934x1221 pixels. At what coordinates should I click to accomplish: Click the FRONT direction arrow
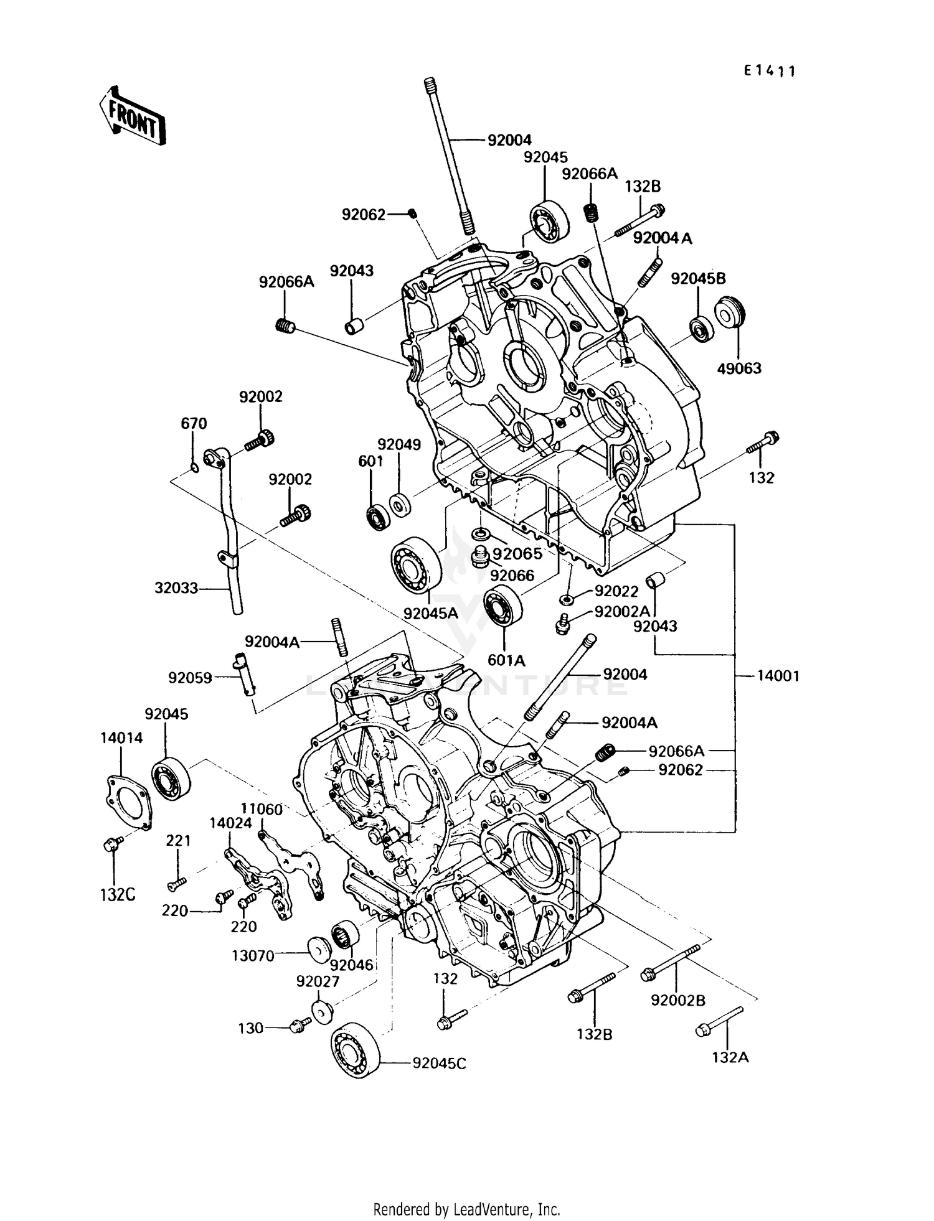click(x=133, y=115)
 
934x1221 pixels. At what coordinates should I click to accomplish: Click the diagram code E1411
click(x=770, y=71)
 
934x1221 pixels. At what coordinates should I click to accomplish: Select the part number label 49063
click(x=739, y=368)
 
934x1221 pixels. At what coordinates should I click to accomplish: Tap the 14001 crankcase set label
click(x=778, y=675)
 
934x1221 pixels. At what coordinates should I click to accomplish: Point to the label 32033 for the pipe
click(x=176, y=587)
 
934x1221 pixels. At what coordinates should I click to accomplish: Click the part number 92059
click(x=190, y=677)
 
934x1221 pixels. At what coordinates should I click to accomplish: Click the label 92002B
click(x=678, y=1000)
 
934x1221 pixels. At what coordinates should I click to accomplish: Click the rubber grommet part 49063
click(x=730, y=313)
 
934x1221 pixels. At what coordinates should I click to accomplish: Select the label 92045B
click(x=698, y=278)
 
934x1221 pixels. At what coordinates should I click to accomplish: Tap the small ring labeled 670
click(x=194, y=468)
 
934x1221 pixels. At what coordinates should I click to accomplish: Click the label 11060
click(x=262, y=809)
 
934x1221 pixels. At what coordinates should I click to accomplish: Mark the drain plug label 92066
click(x=512, y=575)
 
